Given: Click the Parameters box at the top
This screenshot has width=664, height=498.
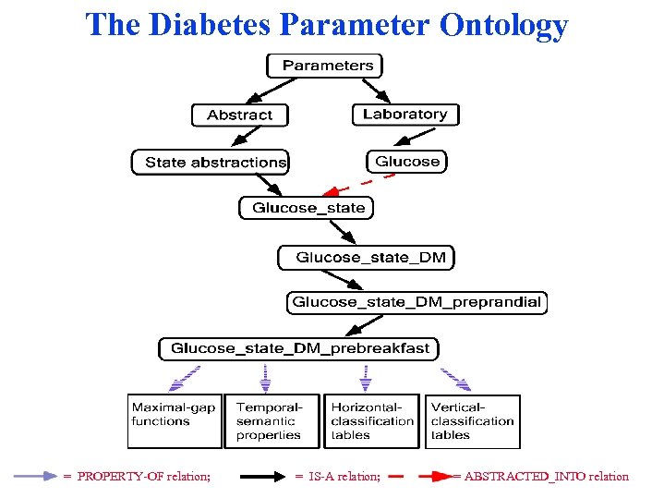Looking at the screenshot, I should tap(324, 66).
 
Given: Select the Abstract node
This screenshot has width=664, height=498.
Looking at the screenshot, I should tap(239, 115).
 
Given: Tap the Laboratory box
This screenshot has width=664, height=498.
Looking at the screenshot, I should tap(404, 115).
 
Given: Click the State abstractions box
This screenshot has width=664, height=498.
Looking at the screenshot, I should tap(211, 162).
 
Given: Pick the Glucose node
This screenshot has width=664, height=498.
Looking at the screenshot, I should tap(406, 162).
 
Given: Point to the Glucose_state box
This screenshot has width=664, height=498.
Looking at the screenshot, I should tap(308, 208).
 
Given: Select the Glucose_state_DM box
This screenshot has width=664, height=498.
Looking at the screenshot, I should tap(367, 257).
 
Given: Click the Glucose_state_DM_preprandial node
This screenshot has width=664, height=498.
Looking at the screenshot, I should tap(417, 303).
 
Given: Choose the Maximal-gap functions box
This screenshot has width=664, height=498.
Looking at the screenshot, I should tap(174, 421).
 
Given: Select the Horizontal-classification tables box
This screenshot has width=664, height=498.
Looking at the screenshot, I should tap(372, 421).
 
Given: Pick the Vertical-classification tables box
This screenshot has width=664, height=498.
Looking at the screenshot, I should tap(472, 421).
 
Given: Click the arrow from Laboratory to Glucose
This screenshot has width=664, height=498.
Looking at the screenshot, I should tap(406, 138).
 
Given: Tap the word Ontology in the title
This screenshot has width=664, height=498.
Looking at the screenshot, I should tap(503, 24).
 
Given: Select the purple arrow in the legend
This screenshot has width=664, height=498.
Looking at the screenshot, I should tap(35, 477).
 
